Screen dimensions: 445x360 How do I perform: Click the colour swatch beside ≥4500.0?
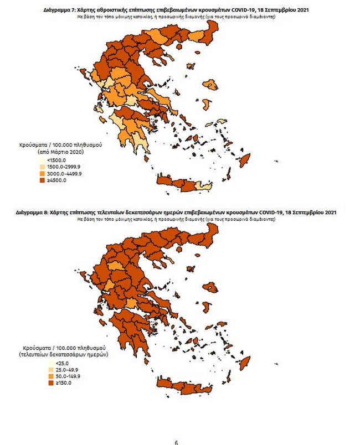tap(42, 180)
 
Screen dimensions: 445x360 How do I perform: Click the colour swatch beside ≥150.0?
tap(43, 383)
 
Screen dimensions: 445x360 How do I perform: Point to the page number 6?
tap(176, 442)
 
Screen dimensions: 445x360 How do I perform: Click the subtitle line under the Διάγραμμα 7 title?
tap(176, 17)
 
